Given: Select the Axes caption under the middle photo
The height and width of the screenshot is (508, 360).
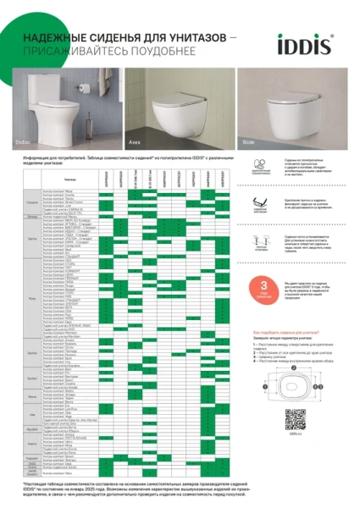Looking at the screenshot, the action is [x=135, y=143].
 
